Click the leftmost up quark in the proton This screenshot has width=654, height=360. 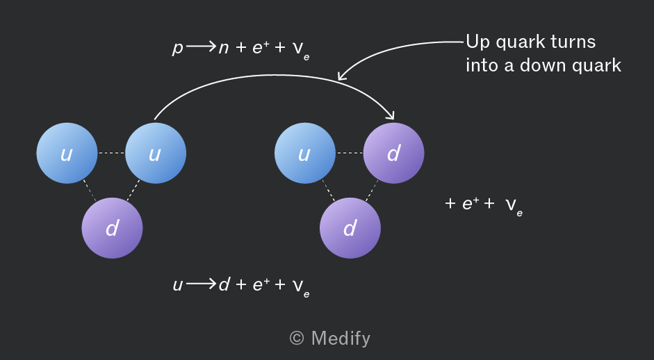[x=67, y=153]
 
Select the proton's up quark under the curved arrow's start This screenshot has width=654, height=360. [x=156, y=153]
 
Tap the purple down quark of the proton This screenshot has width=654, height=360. [x=112, y=228]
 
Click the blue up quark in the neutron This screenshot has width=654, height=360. [x=305, y=153]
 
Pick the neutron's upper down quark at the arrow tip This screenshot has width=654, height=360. [x=394, y=153]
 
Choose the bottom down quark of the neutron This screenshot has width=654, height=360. [x=350, y=228]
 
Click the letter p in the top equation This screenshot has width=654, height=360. [x=178, y=49]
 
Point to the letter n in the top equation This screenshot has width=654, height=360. [x=224, y=49]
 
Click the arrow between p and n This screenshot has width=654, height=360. [x=201, y=47]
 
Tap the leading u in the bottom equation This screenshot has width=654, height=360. [x=178, y=286]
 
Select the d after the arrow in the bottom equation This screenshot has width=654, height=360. [x=224, y=284]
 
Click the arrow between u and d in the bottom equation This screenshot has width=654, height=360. [x=201, y=284]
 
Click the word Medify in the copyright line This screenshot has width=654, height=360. [x=341, y=338]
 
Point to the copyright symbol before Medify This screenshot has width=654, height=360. [x=297, y=338]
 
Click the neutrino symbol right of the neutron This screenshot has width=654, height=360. [x=514, y=206]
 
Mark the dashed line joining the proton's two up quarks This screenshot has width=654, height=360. [x=111, y=153]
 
